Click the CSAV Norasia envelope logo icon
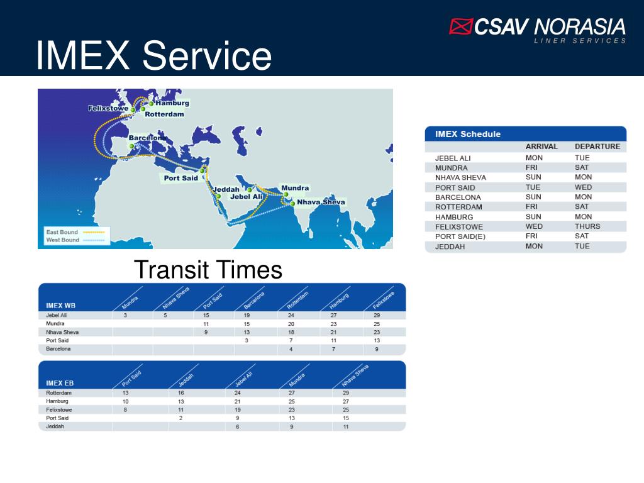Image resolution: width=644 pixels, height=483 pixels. tap(460, 26)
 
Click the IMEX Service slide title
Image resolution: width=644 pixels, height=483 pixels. tap(153, 55)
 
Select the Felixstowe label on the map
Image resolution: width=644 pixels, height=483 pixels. tap(108, 108)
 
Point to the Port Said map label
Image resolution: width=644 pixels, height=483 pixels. tap(180, 178)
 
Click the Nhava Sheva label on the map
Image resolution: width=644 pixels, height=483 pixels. tap(321, 202)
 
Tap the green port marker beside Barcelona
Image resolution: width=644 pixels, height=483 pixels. tap(132, 146)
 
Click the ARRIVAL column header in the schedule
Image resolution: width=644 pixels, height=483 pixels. tap(541, 147)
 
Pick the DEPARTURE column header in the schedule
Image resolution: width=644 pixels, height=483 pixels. tap(597, 147)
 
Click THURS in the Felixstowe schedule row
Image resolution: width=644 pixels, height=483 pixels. tap(587, 226)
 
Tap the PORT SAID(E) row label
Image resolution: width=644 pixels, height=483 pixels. tap(460, 236)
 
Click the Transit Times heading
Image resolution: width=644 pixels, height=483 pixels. tap(208, 270)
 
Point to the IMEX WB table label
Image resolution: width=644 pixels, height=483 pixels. tap(60, 306)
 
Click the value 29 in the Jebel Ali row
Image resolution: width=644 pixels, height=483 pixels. tap(377, 315)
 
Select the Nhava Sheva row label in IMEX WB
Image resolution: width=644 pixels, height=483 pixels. tap(62, 331)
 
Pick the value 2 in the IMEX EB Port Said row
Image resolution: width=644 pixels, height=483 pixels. tap(180, 418)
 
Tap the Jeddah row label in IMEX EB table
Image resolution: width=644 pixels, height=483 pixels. tap(55, 426)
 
